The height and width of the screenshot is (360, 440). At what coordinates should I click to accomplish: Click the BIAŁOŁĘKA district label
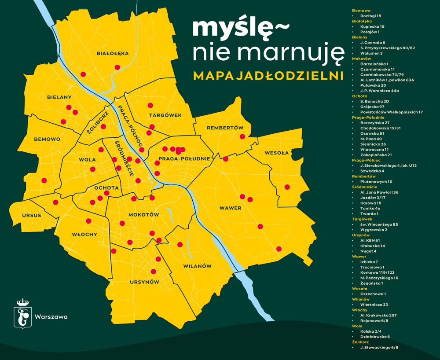pos(113,53)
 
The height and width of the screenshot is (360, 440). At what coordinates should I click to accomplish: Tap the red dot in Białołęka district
pos(117,67)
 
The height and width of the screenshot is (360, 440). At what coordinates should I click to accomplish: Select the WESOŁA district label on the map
pos(276,153)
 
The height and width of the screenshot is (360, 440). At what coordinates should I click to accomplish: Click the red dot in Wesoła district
pos(287,187)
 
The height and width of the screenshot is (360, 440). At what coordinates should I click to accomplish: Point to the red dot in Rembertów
pos(242,136)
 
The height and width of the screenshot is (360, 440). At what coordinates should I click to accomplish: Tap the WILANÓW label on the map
pos(197,266)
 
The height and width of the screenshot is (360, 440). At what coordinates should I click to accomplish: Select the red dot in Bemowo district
pos(44,180)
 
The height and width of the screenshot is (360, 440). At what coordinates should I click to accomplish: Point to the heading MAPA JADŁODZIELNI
pos(268,76)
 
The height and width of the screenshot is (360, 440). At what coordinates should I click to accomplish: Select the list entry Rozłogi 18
pos(370,15)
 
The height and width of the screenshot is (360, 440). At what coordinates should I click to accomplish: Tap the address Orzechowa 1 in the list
pos(373,294)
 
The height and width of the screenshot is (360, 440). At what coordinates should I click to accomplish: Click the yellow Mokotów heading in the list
pos(361,59)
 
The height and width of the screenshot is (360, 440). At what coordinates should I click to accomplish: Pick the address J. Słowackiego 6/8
pos(379,348)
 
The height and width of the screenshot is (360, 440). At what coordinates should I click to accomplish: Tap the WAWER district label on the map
pos(231,208)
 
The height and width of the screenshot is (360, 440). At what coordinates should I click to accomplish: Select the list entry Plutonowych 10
pos(376,181)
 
